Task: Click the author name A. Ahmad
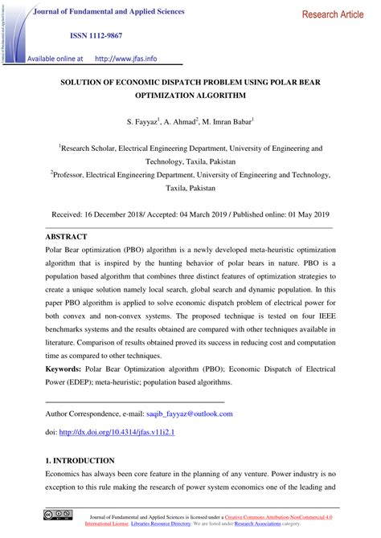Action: click(x=182, y=121)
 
